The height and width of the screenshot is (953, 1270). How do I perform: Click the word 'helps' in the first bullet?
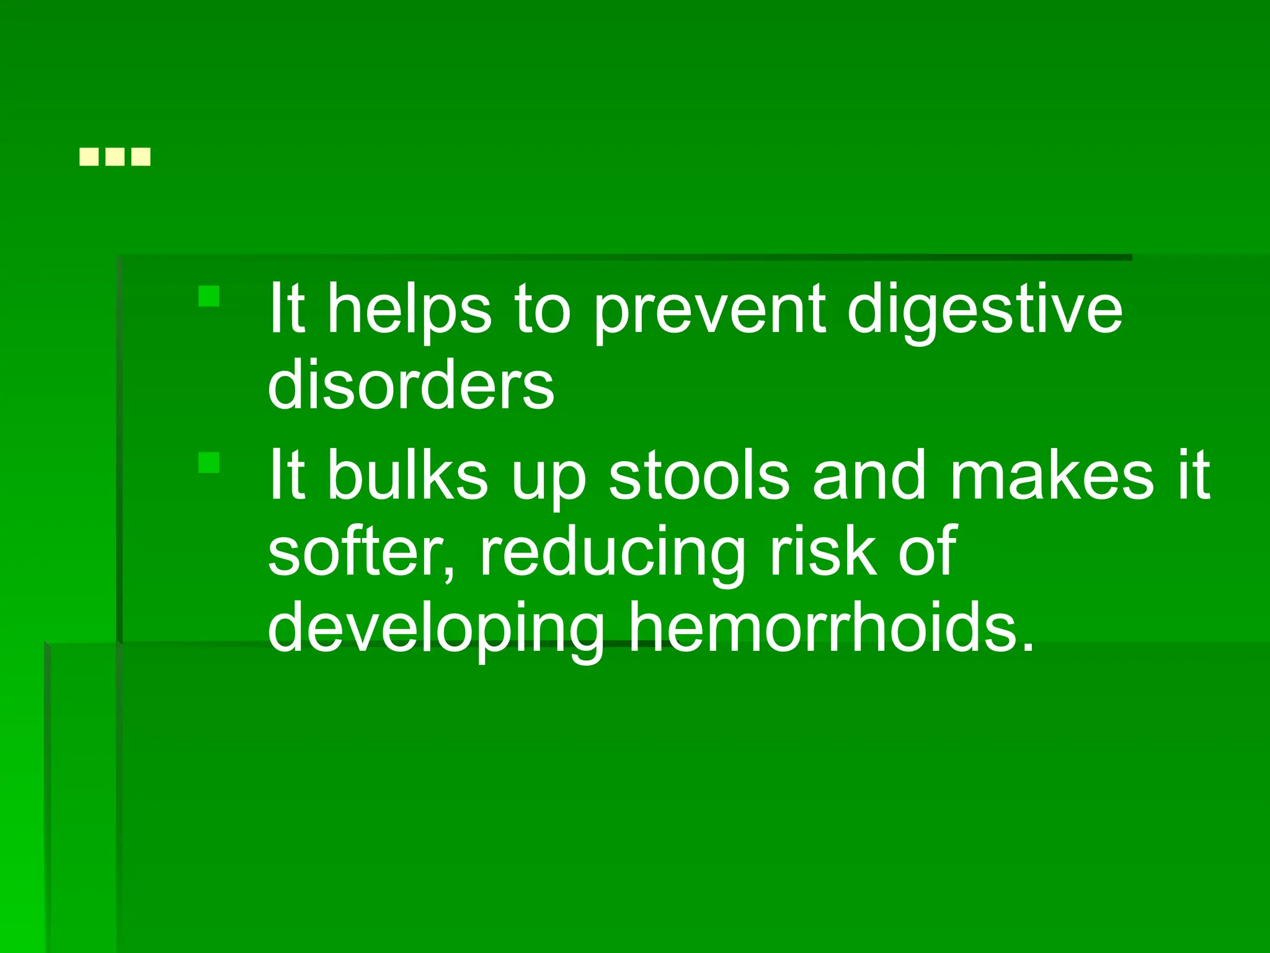[409, 309]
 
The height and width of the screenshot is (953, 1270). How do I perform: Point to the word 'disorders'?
[411, 385]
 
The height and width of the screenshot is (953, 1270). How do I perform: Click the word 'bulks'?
[407, 475]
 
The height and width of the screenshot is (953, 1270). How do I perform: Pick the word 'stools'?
[699, 475]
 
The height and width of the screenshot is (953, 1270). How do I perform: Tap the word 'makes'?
[1052, 475]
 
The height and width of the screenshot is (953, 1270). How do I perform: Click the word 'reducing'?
[612, 552]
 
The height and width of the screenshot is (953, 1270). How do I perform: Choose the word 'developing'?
[436, 628]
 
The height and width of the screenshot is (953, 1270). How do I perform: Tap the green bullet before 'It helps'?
[209, 296]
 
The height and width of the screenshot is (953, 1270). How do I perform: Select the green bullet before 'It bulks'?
[209, 462]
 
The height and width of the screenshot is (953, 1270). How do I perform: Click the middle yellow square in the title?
[115, 157]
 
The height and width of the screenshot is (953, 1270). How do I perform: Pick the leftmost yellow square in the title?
[89, 157]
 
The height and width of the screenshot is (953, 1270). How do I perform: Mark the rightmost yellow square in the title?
[141, 157]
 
